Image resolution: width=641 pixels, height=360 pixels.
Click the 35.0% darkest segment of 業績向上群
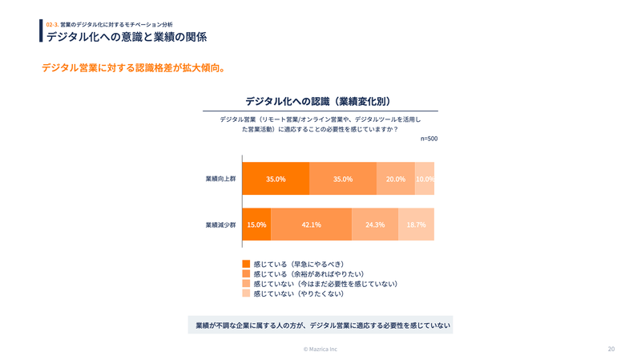click(x=276, y=179)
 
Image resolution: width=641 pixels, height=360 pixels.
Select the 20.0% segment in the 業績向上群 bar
click(x=395, y=179)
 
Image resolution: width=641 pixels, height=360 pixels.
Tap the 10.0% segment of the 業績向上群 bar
click(x=425, y=179)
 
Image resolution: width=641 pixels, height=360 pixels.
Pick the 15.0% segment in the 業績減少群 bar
click(x=256, y=224)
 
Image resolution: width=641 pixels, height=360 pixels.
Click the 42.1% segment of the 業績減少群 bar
click(x=311, y=224)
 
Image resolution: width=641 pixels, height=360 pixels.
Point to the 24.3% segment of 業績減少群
click(x=375, y=224)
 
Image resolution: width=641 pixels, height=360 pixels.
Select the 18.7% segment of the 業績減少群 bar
click(x=416, y=224)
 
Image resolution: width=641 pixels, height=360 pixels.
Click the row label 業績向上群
click(x=220, y=179)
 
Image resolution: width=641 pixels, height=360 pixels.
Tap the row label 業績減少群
click(x=220, y=224)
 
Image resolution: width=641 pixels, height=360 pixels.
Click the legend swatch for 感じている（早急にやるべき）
click(x=246, y=263)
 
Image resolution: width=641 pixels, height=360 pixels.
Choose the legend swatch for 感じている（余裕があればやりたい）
click(x=246, y=273)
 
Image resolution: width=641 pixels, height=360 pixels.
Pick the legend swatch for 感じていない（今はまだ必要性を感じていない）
click(x=246, y=284)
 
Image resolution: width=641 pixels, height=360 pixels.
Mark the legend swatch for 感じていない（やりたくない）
click(x=246, y=293)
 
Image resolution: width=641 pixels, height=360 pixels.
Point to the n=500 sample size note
click(x=429, y=139)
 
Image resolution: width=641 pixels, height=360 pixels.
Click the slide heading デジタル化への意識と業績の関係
click(x=127, y=37)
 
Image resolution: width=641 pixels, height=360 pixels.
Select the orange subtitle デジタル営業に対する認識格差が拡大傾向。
click(x=132, y=68)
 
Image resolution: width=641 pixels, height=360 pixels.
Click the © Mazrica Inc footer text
click(x=320, y=349)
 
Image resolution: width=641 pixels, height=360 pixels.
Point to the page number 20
click(x=611, y=349)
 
